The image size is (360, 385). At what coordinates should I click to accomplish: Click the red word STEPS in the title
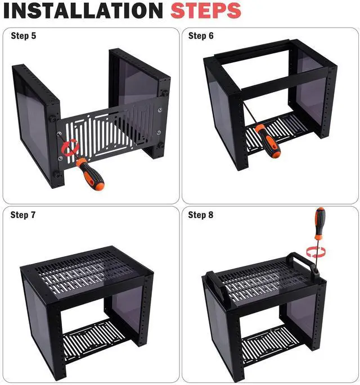click(205, 11)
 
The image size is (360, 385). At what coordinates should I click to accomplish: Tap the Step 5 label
click(24, 36)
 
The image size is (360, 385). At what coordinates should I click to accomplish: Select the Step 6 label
click(201, 36)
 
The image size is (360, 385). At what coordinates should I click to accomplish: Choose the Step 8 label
click(201, 215)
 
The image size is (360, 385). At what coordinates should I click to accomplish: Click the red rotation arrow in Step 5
click(70, 147)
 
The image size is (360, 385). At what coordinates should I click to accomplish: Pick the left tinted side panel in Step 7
click(39, 318)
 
